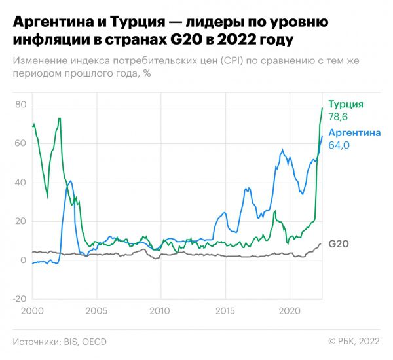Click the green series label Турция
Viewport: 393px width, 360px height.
[345, 105]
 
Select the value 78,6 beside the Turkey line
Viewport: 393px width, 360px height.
[339, 118]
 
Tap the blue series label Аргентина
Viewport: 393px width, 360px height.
[354, 132]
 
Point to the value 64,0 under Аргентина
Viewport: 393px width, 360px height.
[339, 145]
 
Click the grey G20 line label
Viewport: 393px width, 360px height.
[338, 244]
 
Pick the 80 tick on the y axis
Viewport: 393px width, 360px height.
[20, 105]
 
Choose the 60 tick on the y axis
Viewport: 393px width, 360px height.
[20, 143]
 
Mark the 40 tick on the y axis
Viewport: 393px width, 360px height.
[20, 182]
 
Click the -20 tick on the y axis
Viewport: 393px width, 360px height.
[18, 298]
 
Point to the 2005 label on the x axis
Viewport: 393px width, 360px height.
[96, 311]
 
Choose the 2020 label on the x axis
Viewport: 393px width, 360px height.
[290, 311]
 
